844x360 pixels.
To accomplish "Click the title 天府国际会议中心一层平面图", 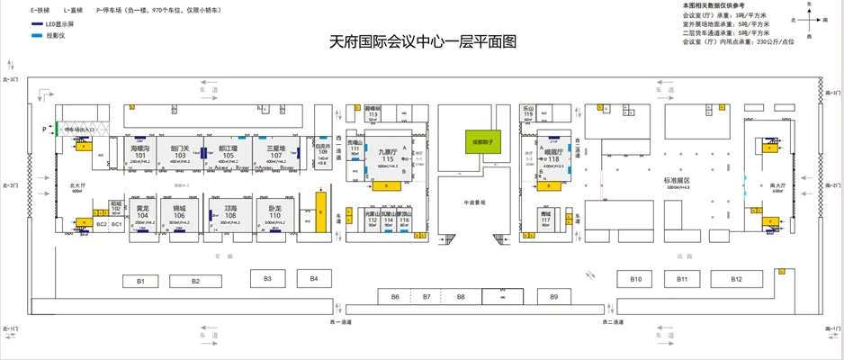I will pyautogui.click(x=423, y=41).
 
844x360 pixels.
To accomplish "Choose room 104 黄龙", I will pyautogui.click(x=142, y=211).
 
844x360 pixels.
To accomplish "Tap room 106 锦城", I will pyautogui.click(x=179, y=211).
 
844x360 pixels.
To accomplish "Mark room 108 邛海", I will pyautogui.click(x=229, y=211).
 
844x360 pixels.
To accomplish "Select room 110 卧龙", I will pyautogui.click(x=275, y=211).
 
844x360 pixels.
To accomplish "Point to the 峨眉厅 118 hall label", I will pyautogui.click(x=552, y=156).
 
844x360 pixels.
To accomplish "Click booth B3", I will pyautogui.click(x=267, y=279).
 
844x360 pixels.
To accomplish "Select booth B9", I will pyautogui.click(x=554, y=296).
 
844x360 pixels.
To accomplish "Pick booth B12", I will pyautogui.click(x=736, y=280).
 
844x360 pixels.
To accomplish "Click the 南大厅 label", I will pyautogui.click(x=778, y=186).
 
